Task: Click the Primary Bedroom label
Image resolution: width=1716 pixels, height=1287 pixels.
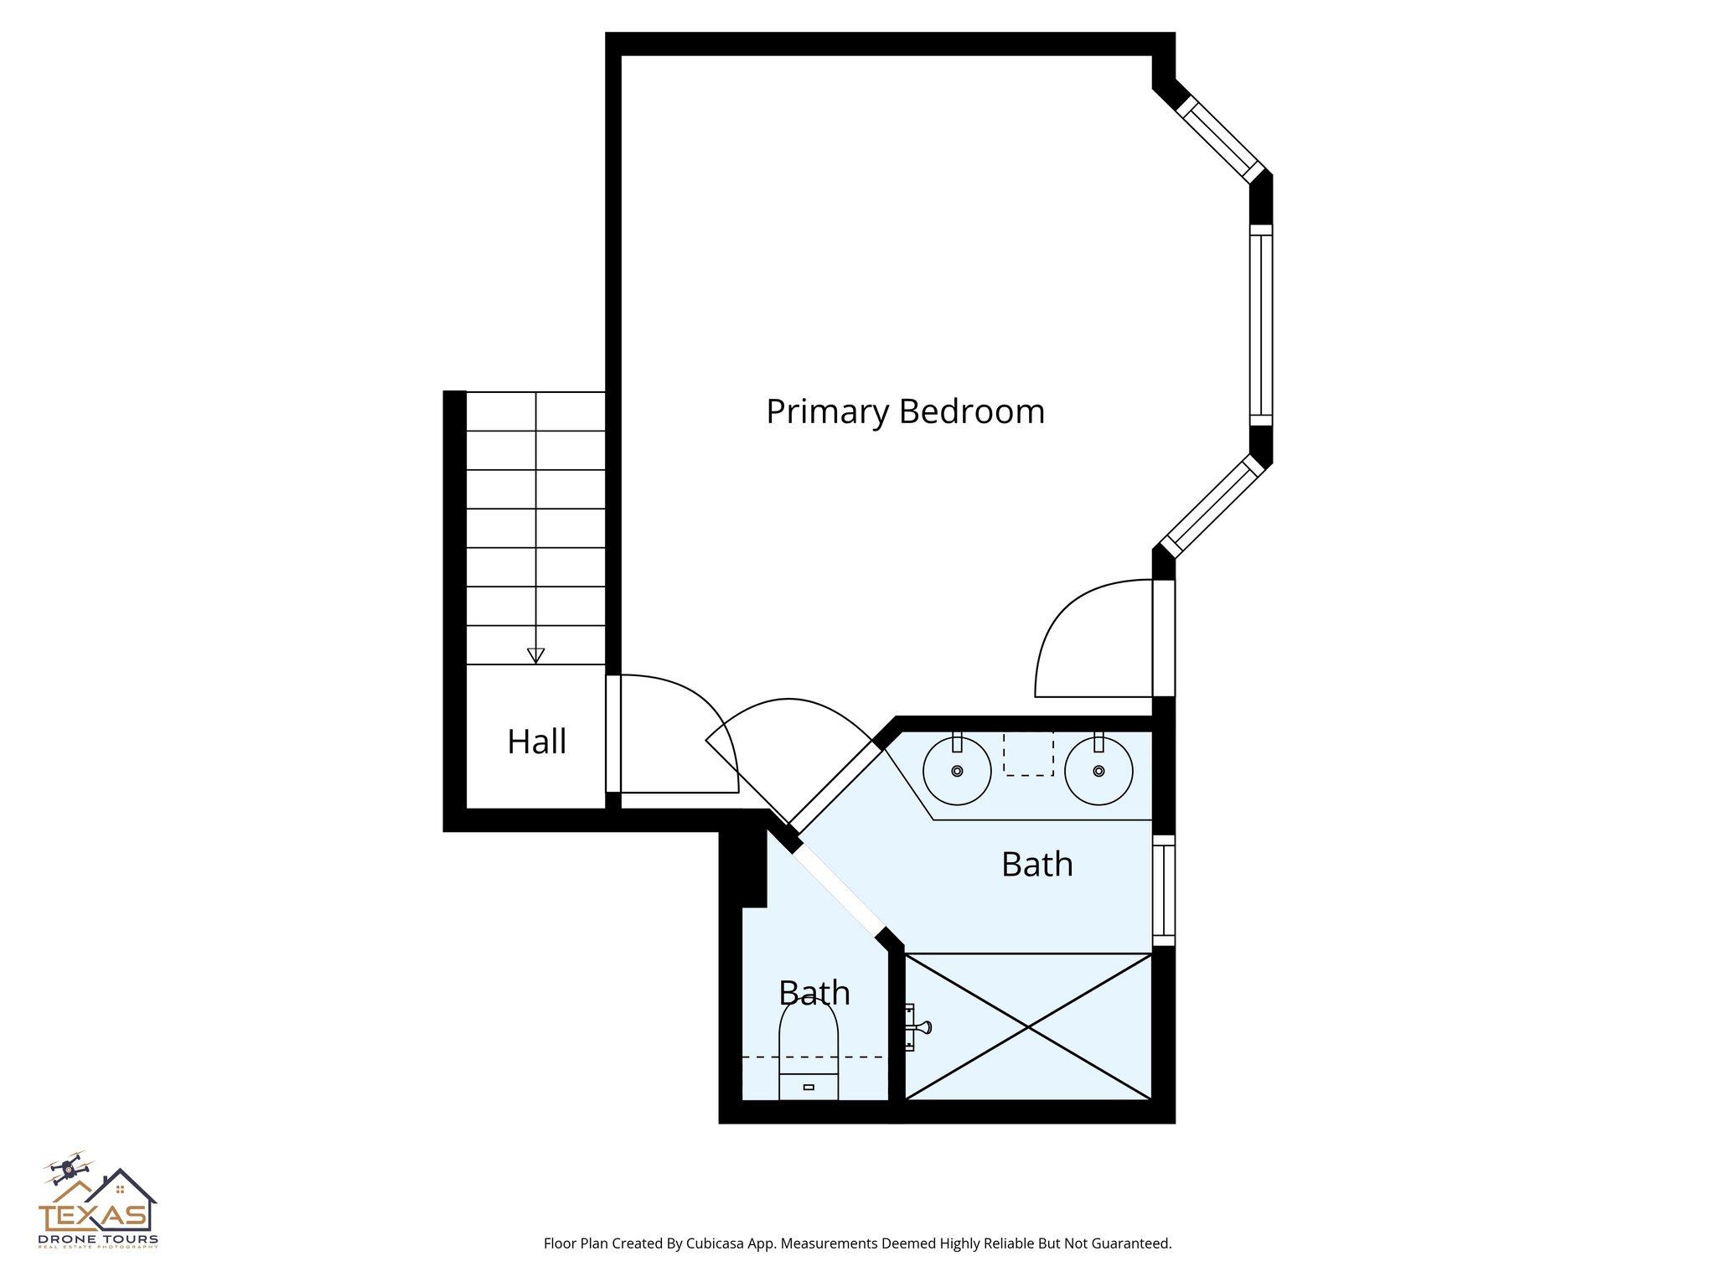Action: pos(905,411)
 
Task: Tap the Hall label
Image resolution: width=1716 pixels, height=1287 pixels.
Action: pos(536,742)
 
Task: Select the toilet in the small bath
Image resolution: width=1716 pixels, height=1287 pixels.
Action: pos(809,1052)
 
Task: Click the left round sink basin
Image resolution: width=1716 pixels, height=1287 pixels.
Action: pos(957,771)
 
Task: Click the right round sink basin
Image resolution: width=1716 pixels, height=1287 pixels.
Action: pos(1098,771)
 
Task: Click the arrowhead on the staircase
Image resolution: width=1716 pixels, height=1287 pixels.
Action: pos(535,655)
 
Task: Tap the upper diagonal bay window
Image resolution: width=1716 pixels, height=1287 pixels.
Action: pos(1220,140)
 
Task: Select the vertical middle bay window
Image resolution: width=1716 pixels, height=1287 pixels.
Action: pos(1260,325)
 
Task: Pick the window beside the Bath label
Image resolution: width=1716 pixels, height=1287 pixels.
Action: pos(1163,890)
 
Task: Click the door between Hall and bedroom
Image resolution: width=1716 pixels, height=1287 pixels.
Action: pos(613,733)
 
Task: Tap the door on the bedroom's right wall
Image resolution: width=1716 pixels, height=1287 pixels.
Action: pos(1163,638)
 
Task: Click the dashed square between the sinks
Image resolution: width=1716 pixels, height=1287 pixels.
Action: pos(1028,752)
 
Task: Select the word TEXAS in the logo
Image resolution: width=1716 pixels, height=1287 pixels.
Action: pos(92,1216)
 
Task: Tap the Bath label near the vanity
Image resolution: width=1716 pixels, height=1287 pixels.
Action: pos(1036,865)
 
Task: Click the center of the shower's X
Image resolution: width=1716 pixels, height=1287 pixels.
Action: pos(1028,1026)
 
